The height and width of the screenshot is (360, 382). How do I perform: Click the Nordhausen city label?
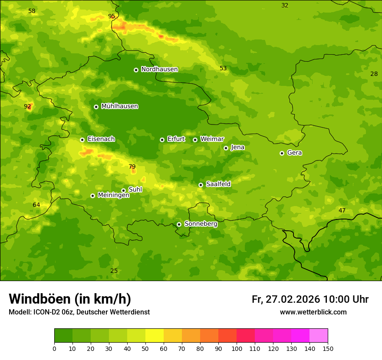tap(159, 69)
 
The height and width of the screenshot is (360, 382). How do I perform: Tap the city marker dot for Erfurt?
tap(162, 140)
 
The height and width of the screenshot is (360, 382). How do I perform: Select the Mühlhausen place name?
tap(119, 106)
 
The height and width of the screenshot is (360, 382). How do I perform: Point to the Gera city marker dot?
tap(282, 153)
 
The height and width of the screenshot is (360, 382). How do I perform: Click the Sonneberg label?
tap(201, 224)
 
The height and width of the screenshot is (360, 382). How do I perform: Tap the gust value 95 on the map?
tap(112, 16)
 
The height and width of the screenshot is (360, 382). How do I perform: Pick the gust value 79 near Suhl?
tap(132, 167)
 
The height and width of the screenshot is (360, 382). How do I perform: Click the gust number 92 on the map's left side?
tap(27, 106)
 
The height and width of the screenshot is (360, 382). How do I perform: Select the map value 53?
tap(223, 69)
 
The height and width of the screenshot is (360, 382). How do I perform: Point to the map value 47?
tap(342, 210)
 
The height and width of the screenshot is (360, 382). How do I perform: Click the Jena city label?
tap(237, 147)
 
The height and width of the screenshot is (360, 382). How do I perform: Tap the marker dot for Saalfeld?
tap(201, 185)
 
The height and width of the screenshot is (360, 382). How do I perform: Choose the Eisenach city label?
tap(101, 139)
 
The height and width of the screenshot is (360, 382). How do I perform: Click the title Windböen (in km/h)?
tap(69, 299)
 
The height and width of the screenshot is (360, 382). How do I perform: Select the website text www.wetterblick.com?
tap(313, 312)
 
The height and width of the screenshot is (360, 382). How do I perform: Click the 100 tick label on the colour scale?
tap(237, 348)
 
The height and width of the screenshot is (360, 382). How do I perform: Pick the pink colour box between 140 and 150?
tap(319, 336)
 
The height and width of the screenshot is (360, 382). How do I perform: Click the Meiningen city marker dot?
tap(92, 196)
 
